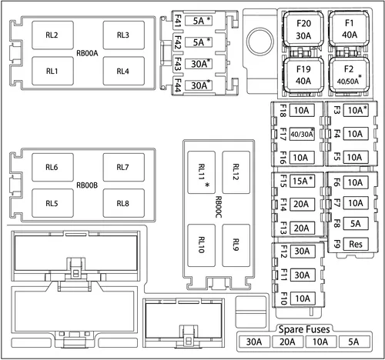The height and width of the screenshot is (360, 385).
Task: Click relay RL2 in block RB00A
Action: tap(52, 35)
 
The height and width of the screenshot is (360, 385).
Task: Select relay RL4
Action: tap(123, 71)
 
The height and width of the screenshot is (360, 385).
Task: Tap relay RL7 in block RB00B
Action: tap(123, 168)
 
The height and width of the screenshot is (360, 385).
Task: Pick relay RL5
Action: tap(52, 203)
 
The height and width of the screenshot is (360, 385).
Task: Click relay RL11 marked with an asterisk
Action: tap(202, 172)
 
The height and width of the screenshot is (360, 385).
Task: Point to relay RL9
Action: tap(236, 245)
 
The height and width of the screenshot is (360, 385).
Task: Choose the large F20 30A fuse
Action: tap(303, 29)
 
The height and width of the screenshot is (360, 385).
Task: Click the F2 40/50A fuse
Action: tap(349, 75)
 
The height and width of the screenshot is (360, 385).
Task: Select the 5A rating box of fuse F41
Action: tap(199, 21)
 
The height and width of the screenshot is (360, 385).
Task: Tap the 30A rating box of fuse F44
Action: tap(199, 85)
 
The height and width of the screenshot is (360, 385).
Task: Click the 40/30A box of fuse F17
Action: tap(302, 134)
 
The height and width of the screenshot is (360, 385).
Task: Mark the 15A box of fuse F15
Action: tap(302, 181)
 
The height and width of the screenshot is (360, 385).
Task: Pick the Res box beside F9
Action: tap(356, 244)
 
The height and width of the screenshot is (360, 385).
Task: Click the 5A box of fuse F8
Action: tap(356, 224)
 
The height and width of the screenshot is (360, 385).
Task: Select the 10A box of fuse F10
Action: tap(303, 298)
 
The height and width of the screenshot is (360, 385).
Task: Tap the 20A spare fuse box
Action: tap(287, 342)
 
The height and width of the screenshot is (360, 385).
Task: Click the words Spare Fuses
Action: tap(304, 329)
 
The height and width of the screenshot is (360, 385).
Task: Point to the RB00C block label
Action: tap(219, 207)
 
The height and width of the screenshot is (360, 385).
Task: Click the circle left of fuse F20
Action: tap(260, 41)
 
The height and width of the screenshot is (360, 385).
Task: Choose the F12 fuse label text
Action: tap(283, 252)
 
